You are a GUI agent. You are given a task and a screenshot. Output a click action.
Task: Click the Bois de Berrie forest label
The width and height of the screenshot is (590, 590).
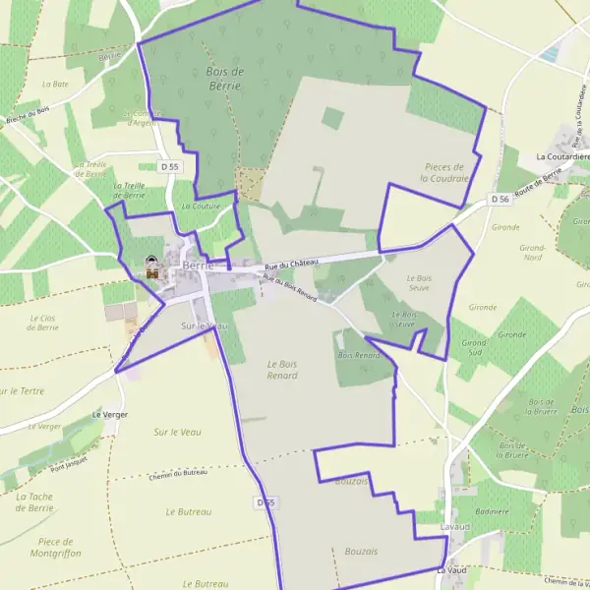point(224,79)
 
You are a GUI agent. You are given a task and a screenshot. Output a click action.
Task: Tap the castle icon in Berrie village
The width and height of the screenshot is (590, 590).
point(151,265)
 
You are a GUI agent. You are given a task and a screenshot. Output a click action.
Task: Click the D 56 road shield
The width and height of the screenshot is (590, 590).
point(501,199)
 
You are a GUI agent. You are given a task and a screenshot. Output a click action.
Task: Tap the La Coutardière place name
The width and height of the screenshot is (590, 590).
point(561,156)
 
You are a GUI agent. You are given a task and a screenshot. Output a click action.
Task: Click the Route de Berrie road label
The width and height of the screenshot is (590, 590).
point(536,184)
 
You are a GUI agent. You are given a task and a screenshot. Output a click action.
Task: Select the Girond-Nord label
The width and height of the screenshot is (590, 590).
point(532,253)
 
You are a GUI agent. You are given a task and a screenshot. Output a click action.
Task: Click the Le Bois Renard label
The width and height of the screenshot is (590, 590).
point(282,369)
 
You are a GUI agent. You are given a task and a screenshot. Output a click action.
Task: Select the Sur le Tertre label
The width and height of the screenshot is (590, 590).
point(22,390)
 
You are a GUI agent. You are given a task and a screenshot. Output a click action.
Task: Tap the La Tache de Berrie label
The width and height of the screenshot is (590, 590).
point(34,502)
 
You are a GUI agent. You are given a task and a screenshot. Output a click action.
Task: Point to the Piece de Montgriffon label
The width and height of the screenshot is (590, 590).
point(54,548)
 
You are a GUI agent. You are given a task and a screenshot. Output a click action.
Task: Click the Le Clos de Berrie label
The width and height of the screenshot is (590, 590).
point(44,323)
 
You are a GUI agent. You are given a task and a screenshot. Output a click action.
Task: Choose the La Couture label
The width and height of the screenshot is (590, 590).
point(201,206)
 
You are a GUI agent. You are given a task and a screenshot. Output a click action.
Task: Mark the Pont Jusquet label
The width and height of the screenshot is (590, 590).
point(70,462)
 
